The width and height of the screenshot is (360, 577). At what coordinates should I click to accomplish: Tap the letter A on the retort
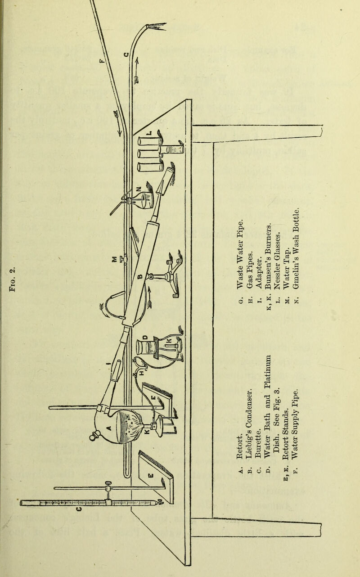click(x=107, y=427)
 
